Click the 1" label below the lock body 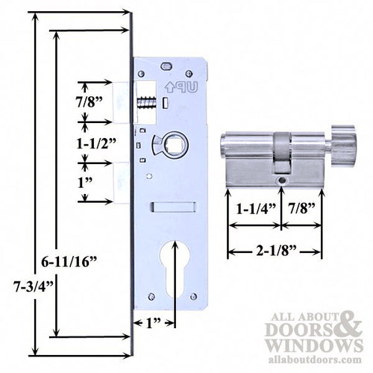point(154,323)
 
